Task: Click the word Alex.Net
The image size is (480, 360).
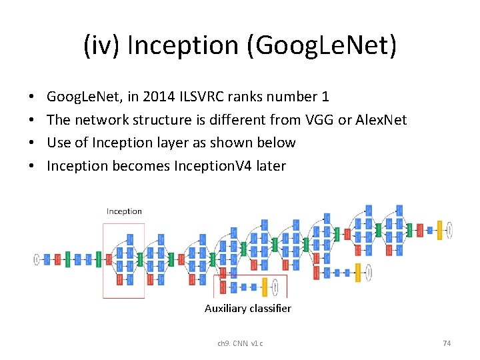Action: tap(381, 120)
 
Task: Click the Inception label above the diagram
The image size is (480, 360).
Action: tap(124, 211)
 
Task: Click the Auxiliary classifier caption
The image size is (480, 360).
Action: tap(247, 309)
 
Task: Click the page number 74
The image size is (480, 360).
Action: tap(447, 343)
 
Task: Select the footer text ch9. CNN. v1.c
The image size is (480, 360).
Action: tap(240, 343)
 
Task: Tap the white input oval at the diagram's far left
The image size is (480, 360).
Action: tap(37, 259)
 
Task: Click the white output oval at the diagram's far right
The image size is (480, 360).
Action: tap(450, 230)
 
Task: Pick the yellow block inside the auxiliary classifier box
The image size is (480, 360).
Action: tap(265, 287)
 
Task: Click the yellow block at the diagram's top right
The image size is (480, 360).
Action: tap(439, 230)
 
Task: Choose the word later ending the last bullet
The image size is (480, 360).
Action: tap(270, 166)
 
